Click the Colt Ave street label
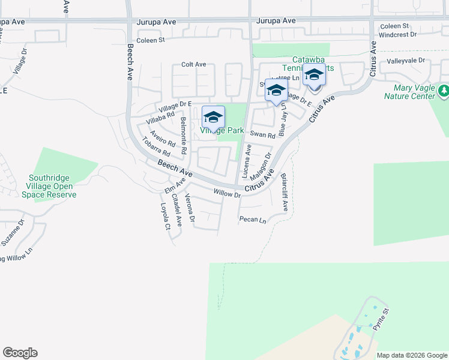[x=194, y=65]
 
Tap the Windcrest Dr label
[x=397, y=35]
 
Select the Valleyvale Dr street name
[x=406, y=61]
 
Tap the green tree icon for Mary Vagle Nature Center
[x=444, y=91]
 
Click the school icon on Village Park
[x=213, y=117]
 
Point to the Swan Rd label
[x=262, y=136]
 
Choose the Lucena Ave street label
[x=246, y=161]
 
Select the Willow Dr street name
[x=227, y=194]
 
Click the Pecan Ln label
[x=252, y=220]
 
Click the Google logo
[x=20, y=353]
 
